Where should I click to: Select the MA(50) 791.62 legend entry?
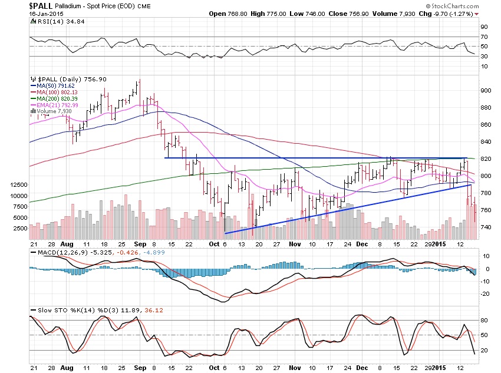[x=57, y=86]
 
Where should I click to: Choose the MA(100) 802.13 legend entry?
[x=58, y=93]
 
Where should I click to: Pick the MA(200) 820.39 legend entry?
[x=58, y=99]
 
